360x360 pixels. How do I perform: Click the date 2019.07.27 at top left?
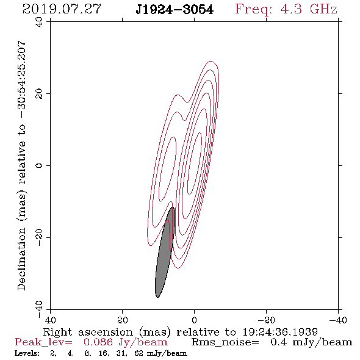coord(62,9)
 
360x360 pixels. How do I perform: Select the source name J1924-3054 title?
coord(175,10)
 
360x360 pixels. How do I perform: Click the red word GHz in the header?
coord(323,9)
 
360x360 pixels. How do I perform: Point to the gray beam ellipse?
coord(165,252)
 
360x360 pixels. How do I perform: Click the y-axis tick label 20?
coord(39,94)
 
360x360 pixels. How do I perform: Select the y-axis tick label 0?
coord(39,165)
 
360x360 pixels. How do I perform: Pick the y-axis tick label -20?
coord(39,237)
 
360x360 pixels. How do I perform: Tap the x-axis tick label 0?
coord(194,320)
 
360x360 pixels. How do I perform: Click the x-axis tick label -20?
coord(266,320)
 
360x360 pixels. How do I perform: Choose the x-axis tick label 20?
coord(123,320)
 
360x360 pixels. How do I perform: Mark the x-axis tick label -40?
coord(338,320)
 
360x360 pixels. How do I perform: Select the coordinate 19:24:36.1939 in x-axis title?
coord(280,332)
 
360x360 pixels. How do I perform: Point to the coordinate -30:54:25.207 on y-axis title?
coord(21,79)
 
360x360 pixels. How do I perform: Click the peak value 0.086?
coord(98,342)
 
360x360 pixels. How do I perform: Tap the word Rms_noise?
coord(225,342)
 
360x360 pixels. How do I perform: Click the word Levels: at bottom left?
coord(27,353)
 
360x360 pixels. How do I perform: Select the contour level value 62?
coord(139,353)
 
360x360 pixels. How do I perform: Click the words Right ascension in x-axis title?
coord(88,332)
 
